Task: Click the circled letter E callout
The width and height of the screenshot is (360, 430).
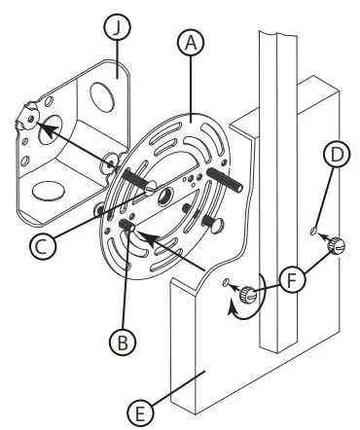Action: coord(143,412)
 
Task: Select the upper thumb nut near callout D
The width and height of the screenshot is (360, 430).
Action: coord(335,246)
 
